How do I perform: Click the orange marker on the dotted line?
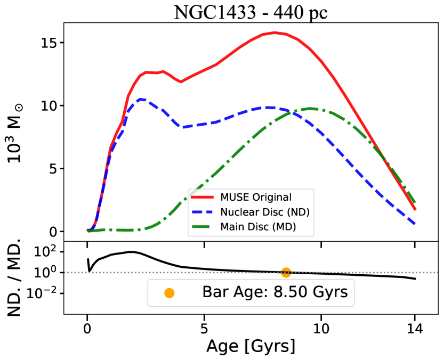click(x=286, y=272)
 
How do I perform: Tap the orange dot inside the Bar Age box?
click(x=170, y=293)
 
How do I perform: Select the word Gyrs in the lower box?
click(x=331, y=292)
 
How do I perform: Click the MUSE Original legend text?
click(x=256, y=198)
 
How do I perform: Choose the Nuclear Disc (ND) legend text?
click(x=265, y=212)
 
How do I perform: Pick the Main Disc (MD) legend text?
click(x=258, y=227)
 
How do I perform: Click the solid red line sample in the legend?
click(x=203, y=198)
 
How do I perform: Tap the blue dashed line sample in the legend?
click(x=203, y=212)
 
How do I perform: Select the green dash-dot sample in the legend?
click(x=203, y=227)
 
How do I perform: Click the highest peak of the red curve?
click(x=275, y=32)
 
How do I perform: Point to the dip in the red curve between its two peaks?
click(x=180, y=81)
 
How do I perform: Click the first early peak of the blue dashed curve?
click(x=141, y=99)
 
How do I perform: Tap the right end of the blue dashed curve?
click(x=415, y=224)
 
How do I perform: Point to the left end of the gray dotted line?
click(x=66, y=273)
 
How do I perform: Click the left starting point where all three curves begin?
click(x=88, y=231)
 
